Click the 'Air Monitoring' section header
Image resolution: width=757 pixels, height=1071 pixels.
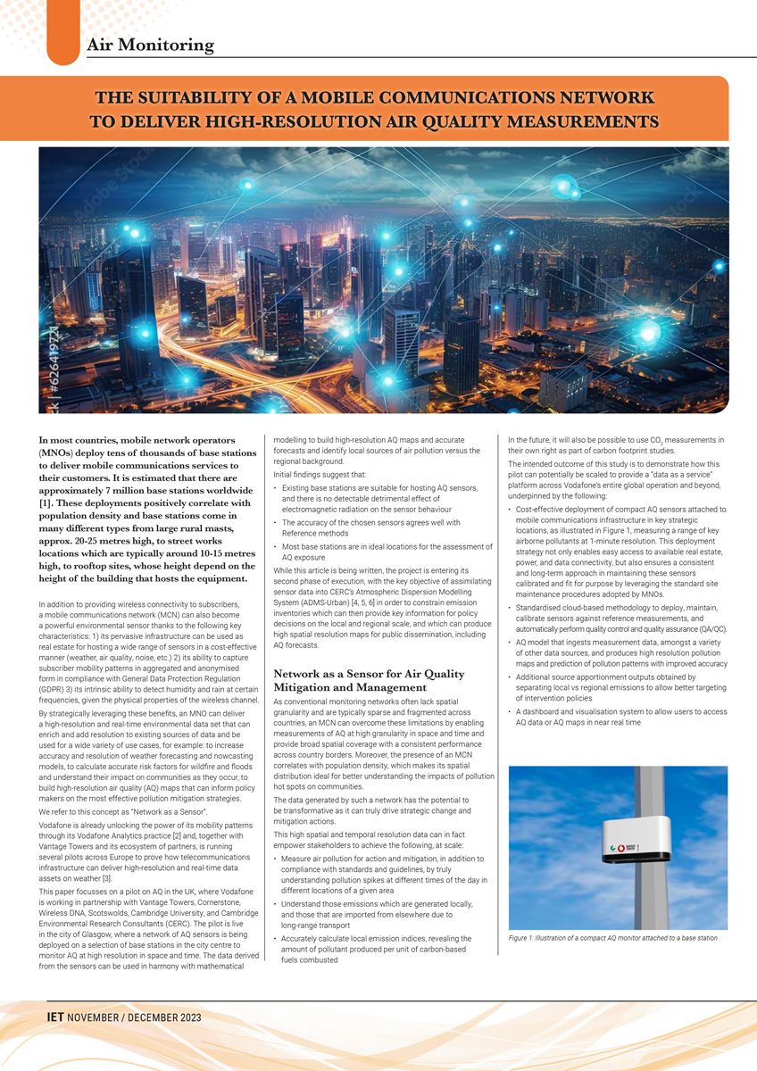(x=150, y=44)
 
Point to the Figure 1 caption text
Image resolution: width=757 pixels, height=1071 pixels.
(x=612, y=938)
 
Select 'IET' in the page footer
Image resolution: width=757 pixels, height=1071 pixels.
(x=57, y=1017)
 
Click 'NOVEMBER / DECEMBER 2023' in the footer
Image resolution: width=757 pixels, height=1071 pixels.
(x=136, y=1017)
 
